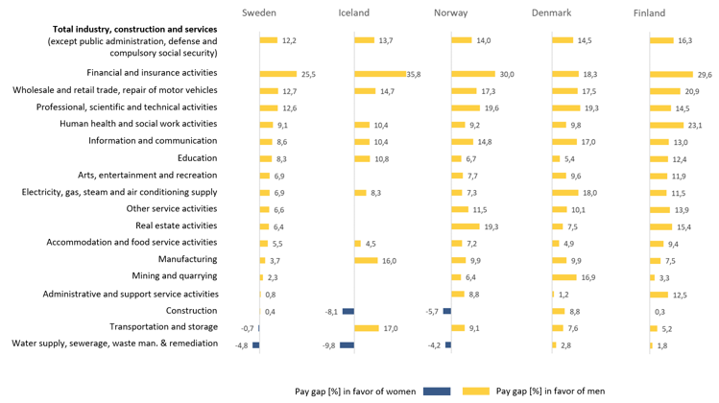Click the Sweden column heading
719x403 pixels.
[x=258, y=13]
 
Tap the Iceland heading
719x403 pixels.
[x=354, y=13]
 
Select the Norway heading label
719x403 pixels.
[x=450, y=13]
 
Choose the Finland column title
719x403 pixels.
[x=649, y=13]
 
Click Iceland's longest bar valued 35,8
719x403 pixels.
[x=380, y=74]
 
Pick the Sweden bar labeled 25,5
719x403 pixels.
[x=278, y=74]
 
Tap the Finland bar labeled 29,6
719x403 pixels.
[x=671, y=74]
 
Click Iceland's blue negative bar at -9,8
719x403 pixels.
[x=348, y=345]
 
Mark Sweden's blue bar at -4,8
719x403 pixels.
[x=255, y=345]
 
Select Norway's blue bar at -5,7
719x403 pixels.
[x=447, y=311]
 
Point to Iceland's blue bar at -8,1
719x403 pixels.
[x=348, y=311]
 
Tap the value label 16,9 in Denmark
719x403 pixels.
[x=589, y=278]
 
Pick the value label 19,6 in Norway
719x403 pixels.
[x=492, y=108]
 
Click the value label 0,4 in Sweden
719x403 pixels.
[x=271, y=312]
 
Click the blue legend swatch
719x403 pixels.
[x=437, y=391]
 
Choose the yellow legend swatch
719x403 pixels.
[x=476, y=391]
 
